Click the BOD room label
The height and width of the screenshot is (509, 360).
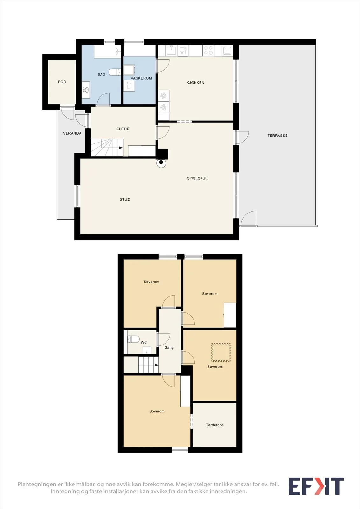pyautogui.click(x=62, y=82)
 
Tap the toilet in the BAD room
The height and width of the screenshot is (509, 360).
pyautogui.click(x=115, y=72)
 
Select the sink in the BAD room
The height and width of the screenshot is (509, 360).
pyautogui.click(x=86, y=90)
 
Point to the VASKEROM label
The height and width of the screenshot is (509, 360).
pyautogui.click(x=141, y=78)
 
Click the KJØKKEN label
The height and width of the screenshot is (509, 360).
pyautogui.click(x=195, y=83)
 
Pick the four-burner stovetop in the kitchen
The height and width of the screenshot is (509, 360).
pyautogui.click(x=208, y=51)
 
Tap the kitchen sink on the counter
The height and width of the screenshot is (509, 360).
pyautogui.click(x=171, y=51)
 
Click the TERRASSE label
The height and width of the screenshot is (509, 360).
pyautogui.click(x=278, y=136)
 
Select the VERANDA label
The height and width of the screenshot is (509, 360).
pyautogui.click(x=72, y=133)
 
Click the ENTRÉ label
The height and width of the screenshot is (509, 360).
pyautogui.click(x=123, y=129)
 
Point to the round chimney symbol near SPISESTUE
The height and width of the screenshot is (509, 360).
pyautogui.click(x=161, y=163)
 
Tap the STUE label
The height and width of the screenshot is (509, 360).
pyautogui.click(x=125, y=199)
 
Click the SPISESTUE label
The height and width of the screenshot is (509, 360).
pyautogui.click(x=197, y=178)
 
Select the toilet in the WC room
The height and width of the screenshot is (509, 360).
pyautogui.click(x=133, y=339)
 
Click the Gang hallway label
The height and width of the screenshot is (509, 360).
pyautogui.click(x=169, y=347)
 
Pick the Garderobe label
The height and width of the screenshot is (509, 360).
pyautogui.click(x=215, y=425)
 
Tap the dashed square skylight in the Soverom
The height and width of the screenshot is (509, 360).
pyautogui.click(x=221, y=352)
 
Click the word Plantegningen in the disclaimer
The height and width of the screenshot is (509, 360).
pyautogui.click(x=34, y=484)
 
